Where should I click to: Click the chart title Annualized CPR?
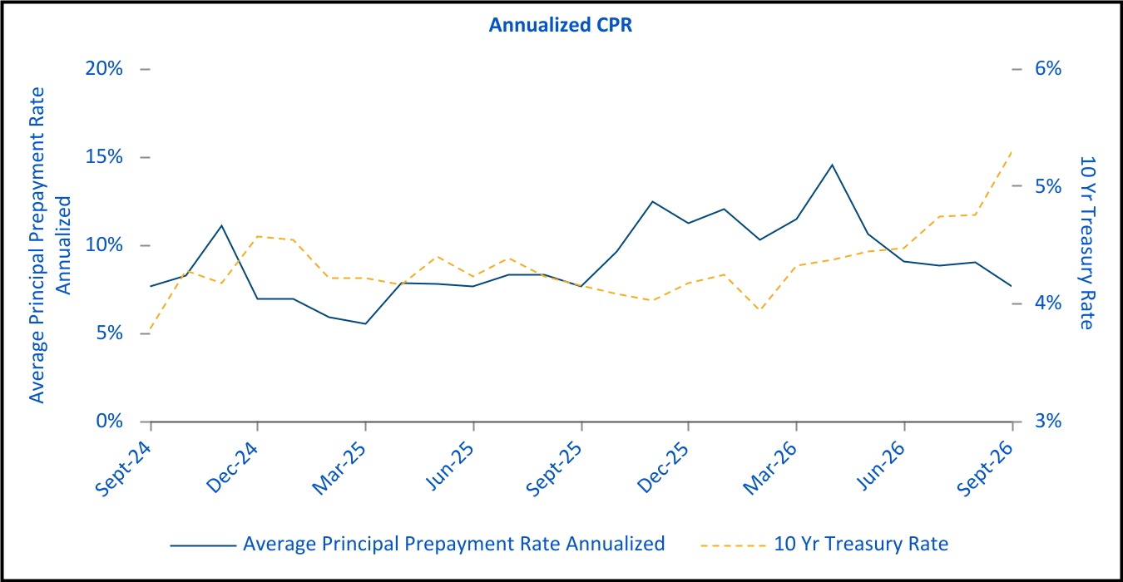click(x=561, y=25)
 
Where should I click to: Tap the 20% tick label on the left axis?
click(x=104, y=69)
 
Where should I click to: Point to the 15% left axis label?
click(x=104, y=157)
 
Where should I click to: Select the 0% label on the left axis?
click(x=109, y=421)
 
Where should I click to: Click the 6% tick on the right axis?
click(x=1048, y=69)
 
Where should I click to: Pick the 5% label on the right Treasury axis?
click(x=1048, y=186)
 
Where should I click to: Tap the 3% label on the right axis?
click(x=1048, y=421)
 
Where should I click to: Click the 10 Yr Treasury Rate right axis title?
click(x=1087, y=243)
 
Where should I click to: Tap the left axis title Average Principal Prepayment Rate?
click(x=37, y=245)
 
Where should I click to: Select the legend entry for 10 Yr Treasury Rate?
click(x=824, y=544)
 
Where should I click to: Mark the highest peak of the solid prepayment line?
click(x=832, y=165)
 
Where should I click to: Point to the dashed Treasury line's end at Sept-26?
click(x=1012, y=150)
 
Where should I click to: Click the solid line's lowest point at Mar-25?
click(x=365, y=323)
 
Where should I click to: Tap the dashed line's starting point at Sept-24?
click(x=151, y=333)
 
